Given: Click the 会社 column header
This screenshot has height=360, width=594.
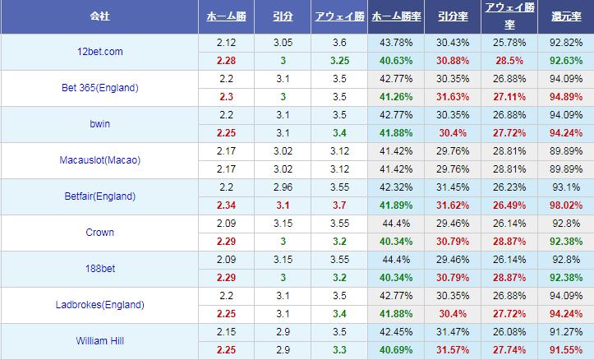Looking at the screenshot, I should coord(99,16).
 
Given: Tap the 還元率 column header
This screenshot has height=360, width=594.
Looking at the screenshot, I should coord(565,16).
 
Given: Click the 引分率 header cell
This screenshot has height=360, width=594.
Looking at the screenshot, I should coord(453,16).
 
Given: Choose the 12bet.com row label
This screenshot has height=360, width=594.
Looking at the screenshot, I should coord(99,52).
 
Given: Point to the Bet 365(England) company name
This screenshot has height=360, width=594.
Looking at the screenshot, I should coord(99,88).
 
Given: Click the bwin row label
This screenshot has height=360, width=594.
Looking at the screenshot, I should coord(99,124).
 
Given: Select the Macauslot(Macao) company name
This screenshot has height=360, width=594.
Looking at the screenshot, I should coord(99,160).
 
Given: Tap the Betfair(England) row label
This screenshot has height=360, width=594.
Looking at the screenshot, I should coord(99,196).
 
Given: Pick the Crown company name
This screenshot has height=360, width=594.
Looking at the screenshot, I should coord(99,233).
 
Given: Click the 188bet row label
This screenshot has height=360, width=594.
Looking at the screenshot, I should coord(99,269).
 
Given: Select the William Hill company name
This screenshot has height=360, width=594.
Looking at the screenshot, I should coord(99,341).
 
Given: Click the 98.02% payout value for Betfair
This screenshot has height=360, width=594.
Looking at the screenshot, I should coord(565,205).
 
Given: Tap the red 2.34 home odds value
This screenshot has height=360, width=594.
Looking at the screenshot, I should coord(225,205).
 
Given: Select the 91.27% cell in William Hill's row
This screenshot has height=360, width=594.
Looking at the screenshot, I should coord(565,332).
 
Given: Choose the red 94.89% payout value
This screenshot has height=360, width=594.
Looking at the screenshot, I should coord(565,97).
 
